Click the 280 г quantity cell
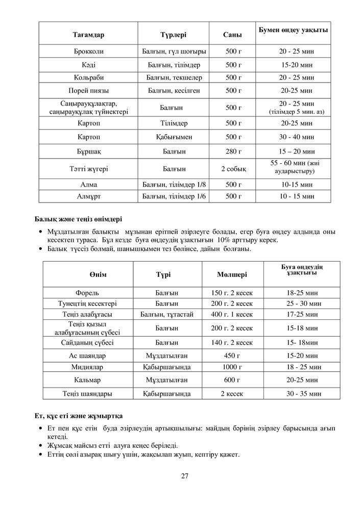point(233,151)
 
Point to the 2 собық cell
point(233,169)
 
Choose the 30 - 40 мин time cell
point(296,137)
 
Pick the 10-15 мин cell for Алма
point(296,185)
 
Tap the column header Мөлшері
point(232,274)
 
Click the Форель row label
point(87,293)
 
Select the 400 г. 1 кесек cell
point(232,314)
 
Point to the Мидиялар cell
point(87,367)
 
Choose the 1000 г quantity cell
point(232,367)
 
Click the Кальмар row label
point(87,380)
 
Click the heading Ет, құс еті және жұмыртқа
point(78,417)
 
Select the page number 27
point(184,476)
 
